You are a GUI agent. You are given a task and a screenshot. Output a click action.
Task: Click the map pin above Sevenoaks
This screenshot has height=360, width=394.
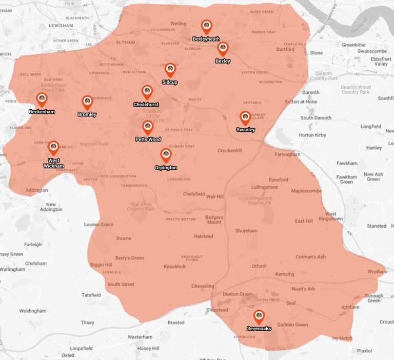click(x=259, y=316)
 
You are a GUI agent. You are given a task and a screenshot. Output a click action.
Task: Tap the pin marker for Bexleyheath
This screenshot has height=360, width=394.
click(x=206, y=27)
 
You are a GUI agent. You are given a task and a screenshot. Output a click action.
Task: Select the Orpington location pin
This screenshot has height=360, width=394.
click(x=166, y=155)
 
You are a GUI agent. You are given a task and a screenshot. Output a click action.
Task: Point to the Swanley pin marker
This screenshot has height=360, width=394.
click(x=245, y=118)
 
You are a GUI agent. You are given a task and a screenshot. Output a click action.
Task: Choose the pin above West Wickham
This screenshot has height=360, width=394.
click(x=53, y=148)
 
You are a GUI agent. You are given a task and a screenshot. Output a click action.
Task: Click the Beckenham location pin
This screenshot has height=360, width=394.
click(x=42, y=99)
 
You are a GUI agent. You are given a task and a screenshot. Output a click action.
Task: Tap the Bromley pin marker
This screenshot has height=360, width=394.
click(x=87, y=102)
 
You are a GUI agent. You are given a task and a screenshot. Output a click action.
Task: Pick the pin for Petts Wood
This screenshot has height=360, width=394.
click(x=148, y=127)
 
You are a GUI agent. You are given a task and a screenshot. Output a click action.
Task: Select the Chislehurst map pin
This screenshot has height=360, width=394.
click(x=147, y=92)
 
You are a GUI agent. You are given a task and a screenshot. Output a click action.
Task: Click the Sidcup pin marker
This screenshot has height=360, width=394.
click(x=170, y=70)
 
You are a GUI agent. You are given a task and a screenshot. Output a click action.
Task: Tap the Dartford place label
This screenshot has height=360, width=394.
click(x=286, y=50)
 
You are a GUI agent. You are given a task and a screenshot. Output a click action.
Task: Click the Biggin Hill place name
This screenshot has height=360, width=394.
click(x=101, y=265)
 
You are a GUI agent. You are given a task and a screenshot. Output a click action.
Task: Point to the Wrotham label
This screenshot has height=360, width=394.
click(x=377, y=272)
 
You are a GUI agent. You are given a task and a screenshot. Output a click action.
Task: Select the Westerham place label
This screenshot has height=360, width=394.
click(x=140, y=337)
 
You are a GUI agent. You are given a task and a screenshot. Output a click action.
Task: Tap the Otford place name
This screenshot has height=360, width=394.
click(x=259, y=266)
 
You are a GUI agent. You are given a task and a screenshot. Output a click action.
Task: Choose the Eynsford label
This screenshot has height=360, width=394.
click(x=279, y=180)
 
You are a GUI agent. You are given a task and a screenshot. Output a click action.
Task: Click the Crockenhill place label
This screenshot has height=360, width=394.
click(x=229, y=151)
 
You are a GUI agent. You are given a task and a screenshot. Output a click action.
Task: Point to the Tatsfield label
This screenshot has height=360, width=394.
click(x=92, y=295)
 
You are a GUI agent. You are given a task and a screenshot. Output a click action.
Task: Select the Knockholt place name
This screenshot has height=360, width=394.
click(x=174, y=267)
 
